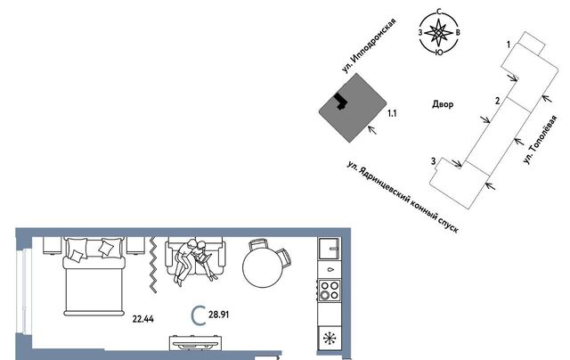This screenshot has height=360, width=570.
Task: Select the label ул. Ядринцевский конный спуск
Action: (x=403, y=196)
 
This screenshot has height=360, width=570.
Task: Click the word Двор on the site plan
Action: (x=442, y=104)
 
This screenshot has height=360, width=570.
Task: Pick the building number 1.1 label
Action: (x=392, y=113)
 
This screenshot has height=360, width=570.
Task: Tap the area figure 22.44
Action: (x=142, y=316)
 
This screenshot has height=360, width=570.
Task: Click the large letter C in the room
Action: (x=200, y=315)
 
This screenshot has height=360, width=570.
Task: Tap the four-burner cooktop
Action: (x=330, y=290)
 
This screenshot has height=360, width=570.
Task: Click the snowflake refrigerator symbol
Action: (x=330, y=338)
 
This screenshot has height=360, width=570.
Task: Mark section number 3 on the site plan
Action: (x=433, y=160)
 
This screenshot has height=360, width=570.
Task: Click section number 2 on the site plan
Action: (x=497, y=100)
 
